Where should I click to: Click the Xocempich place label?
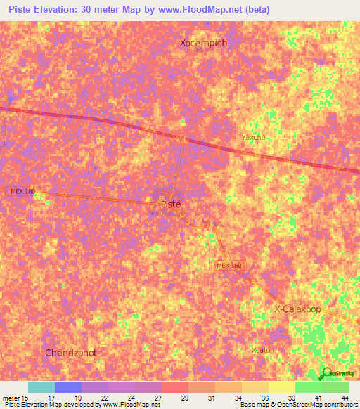point(203,43)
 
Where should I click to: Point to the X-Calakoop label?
point(298,309)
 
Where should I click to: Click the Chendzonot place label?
point(70,352)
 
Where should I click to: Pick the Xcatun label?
point(263,349)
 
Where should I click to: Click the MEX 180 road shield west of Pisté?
point(21,191)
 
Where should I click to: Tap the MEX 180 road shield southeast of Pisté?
point(229,265)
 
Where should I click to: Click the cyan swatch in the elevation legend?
point(41,387)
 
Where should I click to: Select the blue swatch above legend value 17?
point(68,387)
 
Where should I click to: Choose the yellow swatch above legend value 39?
point(281,387)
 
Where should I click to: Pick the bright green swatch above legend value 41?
point(308,387)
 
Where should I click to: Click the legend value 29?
point(184,397)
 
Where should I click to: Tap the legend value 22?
point(103,397)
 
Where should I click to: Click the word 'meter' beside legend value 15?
point(10,397)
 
